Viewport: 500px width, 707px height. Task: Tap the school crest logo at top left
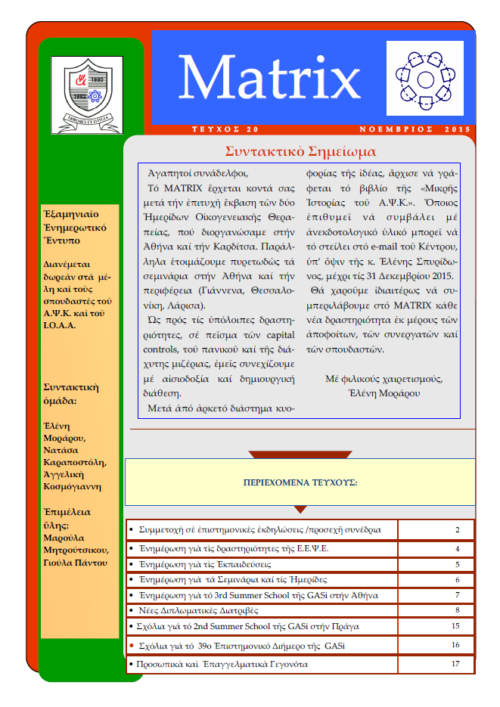86,95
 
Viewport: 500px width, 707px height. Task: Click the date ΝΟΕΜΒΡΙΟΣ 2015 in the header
413,129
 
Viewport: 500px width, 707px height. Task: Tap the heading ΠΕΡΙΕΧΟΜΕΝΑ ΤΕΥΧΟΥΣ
300,482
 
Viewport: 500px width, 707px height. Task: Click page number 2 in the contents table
458,530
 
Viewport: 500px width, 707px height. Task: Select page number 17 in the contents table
455,664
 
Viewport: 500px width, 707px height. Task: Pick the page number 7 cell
458,595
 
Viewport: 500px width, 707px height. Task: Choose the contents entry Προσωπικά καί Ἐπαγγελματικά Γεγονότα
220,664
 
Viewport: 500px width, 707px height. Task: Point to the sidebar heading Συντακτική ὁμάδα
72,395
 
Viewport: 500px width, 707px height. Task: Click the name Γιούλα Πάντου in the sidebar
75,563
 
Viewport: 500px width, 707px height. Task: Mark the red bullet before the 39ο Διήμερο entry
132,646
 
